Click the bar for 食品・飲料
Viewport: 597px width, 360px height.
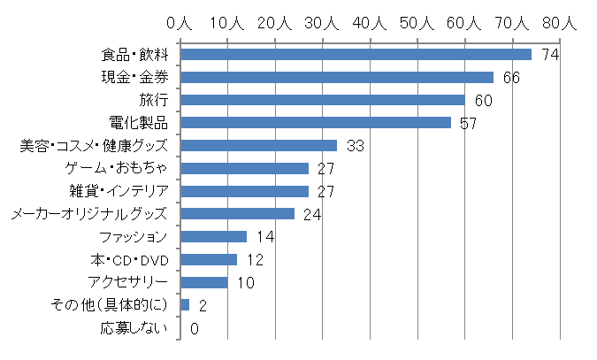[356, 54]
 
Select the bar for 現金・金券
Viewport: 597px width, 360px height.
[337, 77]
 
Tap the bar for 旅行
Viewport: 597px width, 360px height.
[323, 100]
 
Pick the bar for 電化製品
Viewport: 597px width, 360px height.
[316, 122]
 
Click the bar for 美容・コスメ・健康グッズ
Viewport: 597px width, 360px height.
[258, 145]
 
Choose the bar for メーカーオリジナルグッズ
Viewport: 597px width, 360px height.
[237, 213]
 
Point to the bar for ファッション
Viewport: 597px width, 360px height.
[213, 236]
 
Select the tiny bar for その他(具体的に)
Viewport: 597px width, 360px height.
[185, 304]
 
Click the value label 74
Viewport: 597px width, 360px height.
[550, 55]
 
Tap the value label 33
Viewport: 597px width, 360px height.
[355, 146]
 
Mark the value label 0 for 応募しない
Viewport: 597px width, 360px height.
[194, 328]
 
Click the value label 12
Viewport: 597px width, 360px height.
[255, 260]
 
